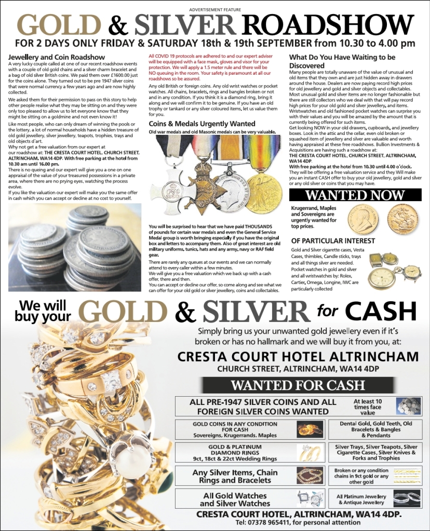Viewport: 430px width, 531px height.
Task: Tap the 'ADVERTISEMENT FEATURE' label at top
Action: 214,9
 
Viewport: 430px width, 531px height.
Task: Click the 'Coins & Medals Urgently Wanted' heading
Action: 195,124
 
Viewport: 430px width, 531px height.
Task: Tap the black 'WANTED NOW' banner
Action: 355,195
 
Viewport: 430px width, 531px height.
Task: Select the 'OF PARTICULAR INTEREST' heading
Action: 333,241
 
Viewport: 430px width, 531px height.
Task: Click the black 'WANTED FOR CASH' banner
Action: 298,385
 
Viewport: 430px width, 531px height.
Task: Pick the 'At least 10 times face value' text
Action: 368,407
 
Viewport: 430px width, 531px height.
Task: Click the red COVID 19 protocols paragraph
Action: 214,67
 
